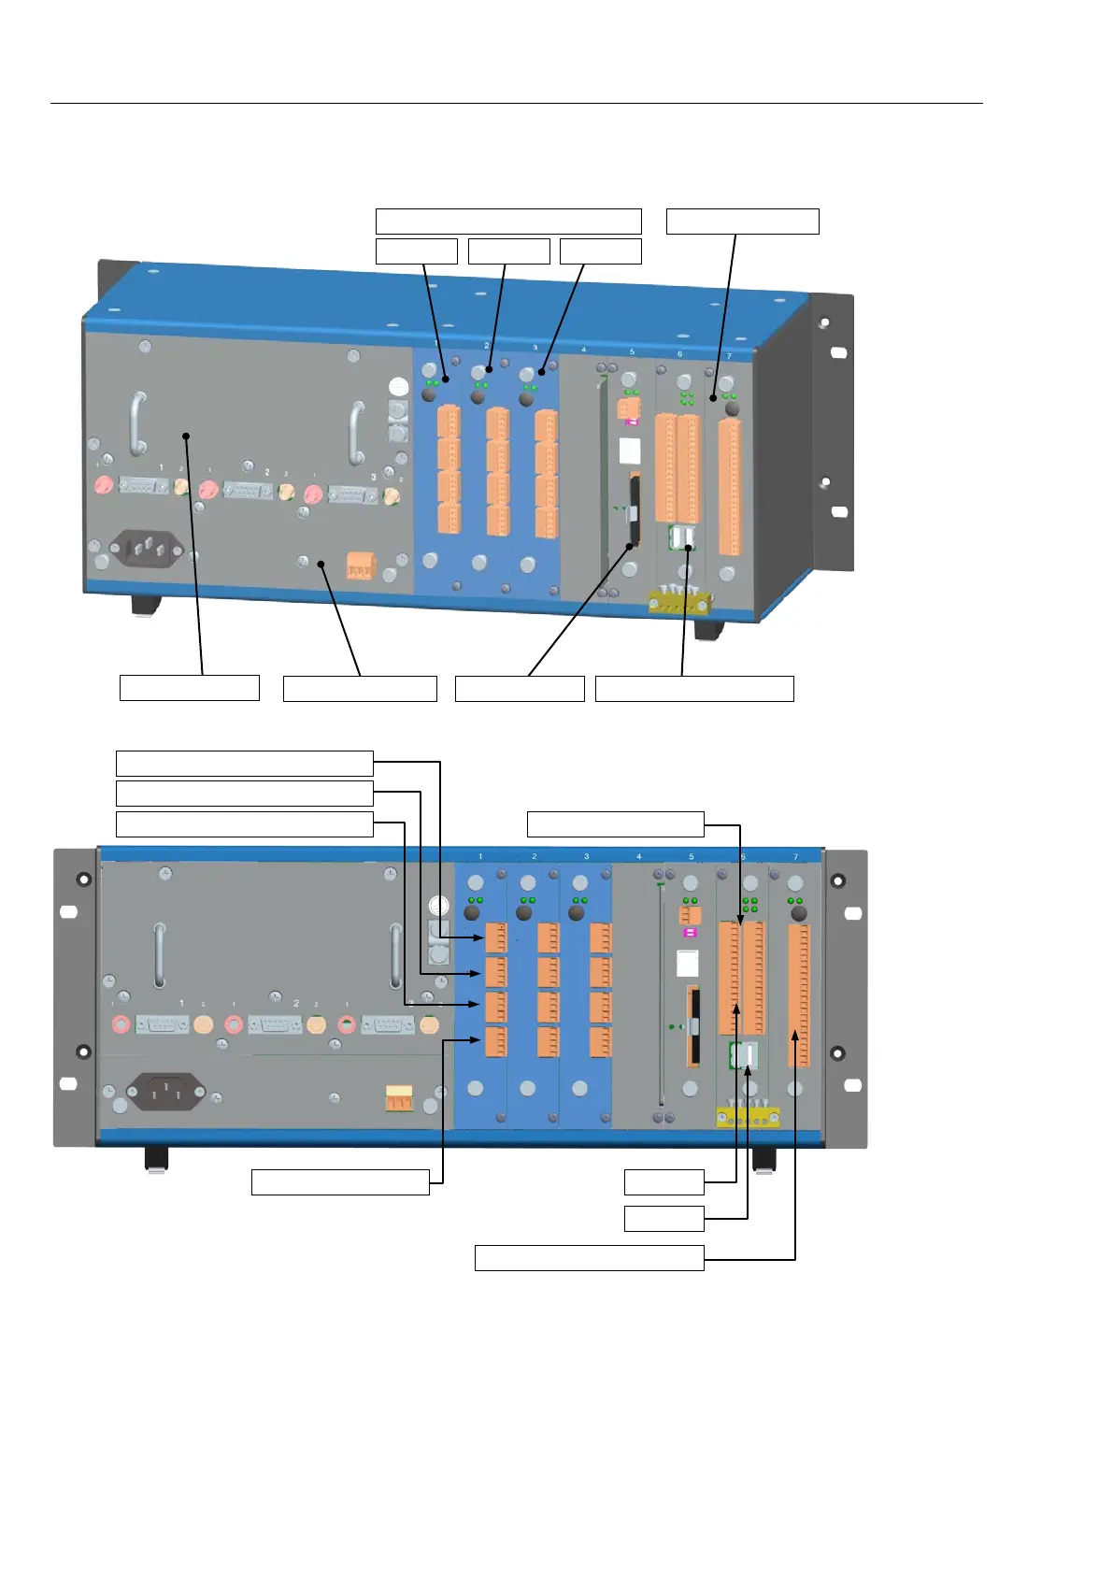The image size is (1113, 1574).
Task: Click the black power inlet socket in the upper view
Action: click(148, 548)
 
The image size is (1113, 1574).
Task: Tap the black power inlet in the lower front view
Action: click(166, 1091)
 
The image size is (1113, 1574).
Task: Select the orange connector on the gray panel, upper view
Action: click(360, 565)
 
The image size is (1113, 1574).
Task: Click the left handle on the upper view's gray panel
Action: click(139, 423)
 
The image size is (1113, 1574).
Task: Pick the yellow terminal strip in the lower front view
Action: click(747, 1117)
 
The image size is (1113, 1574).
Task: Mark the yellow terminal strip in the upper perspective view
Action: click(679, 603)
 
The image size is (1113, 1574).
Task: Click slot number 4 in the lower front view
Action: click(639, 856)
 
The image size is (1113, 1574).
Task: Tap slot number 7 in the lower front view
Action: click(796, 856)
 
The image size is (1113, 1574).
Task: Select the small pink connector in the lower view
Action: click(690, 933)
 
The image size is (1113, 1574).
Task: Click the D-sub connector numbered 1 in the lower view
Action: click(163, 1024)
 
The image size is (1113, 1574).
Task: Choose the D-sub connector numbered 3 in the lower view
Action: click(388, 1024)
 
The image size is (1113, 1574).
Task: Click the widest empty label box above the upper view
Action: click(508, 222)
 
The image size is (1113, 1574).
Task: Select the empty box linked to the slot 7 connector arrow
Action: click(589, 1258)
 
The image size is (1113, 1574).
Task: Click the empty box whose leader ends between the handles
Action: click(189, 688)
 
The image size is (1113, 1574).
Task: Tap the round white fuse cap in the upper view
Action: click(398, 387)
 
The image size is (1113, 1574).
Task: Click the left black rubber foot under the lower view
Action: click(156, 1160)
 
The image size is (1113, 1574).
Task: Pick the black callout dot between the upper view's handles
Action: click(187, 436)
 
